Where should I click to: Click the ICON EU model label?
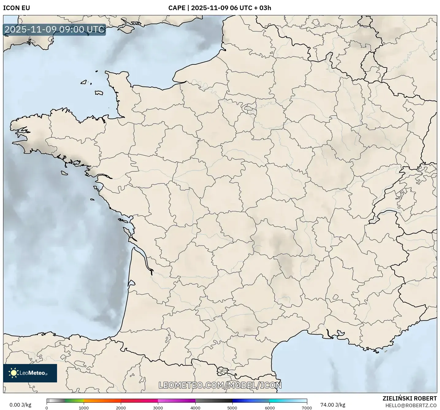coord(17,8)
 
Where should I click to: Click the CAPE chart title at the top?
coord(220,8)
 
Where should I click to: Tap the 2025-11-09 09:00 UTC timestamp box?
coord(55,29)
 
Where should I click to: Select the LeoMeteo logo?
coord(30,373)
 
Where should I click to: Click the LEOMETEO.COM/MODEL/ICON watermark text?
coord(220,385)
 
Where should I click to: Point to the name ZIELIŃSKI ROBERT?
coord(410,398)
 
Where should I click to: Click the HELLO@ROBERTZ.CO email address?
coord(411,405)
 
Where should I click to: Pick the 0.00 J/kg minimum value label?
coord(20,405)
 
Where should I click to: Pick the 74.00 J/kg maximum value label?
coord(333,405)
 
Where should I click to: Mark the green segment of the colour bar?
coord(74,400)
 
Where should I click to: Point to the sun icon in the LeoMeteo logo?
coord(13,373)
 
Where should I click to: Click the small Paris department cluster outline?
coord(248,108)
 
